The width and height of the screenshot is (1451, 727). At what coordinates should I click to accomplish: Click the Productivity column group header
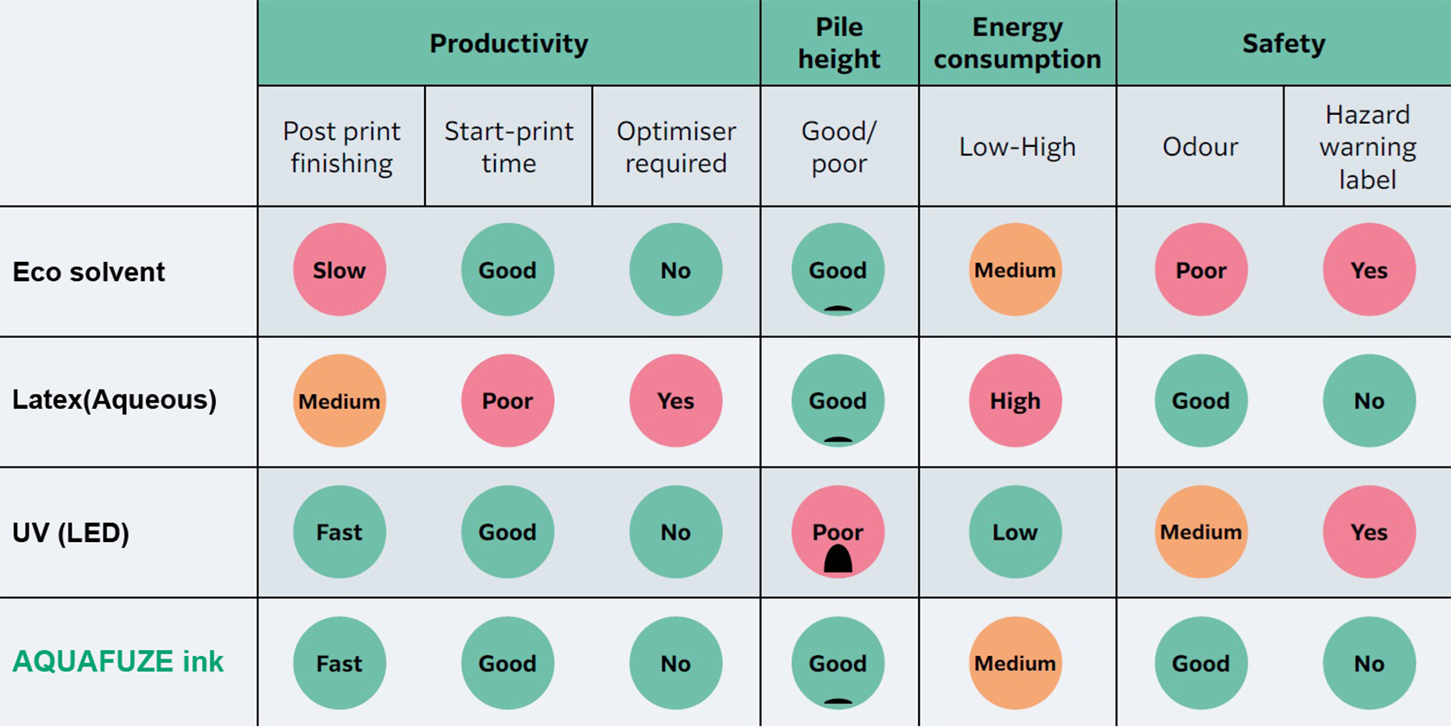(x=509, y=43)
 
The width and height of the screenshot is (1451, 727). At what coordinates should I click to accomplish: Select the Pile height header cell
(x=839, y=43)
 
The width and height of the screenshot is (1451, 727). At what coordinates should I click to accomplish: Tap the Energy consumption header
(x=1017, y=43)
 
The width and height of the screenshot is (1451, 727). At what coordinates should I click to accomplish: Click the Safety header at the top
(x=1283, y=43)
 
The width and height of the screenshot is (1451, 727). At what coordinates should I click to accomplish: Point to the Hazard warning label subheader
(x=1367, y=147)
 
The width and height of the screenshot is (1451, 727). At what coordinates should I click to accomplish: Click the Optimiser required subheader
(x=675, y=147)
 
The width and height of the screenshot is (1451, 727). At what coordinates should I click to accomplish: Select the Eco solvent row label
(x=88, y=272)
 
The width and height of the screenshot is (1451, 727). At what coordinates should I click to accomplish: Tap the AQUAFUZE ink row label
(x=117, y=662)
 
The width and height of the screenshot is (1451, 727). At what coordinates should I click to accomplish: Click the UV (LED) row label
(x=71, y=532)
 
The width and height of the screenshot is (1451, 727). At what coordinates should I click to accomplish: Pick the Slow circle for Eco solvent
(x=339, y=271)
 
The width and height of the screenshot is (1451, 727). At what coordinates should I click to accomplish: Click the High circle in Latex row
(x=1015, y=401)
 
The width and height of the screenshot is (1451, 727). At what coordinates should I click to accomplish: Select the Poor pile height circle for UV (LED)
(x=838, y=532)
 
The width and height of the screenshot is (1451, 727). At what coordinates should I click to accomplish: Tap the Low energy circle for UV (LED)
(x=1015, y=532)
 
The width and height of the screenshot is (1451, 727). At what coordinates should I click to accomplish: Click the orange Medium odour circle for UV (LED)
(x=1201, y=532)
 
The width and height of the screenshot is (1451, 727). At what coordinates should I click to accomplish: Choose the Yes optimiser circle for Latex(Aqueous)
(x=675, y=401)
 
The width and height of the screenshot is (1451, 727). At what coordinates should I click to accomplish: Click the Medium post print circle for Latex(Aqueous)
(x=339, y=401)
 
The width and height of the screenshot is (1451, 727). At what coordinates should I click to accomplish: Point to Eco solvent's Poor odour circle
(x=1201, y=271)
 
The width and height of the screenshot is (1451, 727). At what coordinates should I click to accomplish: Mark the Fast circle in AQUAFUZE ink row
(x=339, y=663)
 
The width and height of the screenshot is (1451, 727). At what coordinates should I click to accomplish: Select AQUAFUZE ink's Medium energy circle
(x=1015, y=663)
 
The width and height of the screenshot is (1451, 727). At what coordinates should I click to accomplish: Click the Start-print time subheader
(x=509, y=147)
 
